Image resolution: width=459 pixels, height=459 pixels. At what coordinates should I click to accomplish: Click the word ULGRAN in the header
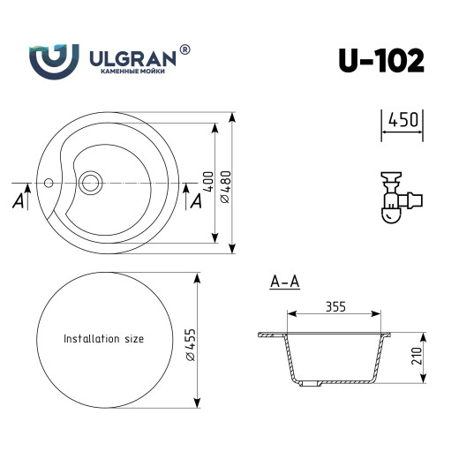[132, 56]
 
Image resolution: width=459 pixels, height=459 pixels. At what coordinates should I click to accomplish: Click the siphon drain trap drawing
[395, 196]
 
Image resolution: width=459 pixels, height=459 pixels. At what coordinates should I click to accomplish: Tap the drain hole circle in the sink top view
[90, 184]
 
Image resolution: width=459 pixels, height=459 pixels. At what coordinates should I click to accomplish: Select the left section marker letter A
[19, 202]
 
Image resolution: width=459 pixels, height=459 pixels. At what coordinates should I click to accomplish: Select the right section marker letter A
[196, 202]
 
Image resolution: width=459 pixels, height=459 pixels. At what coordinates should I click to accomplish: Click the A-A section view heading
[284, 282]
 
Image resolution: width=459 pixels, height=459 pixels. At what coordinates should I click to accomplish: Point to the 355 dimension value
[335, 306]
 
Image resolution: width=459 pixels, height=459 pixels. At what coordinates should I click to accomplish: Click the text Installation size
[103, 338]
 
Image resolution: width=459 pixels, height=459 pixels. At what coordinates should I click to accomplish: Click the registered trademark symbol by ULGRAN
[184, 51]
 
